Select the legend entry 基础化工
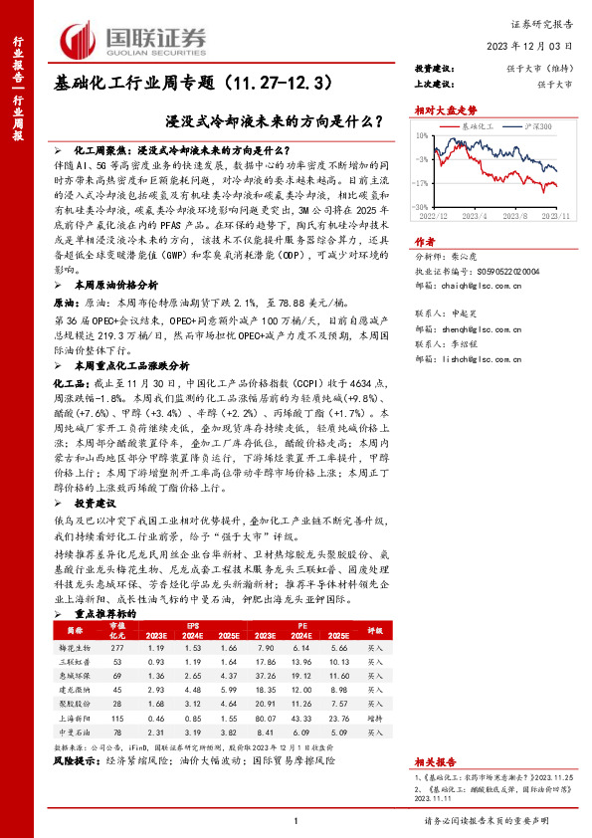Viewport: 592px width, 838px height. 476,128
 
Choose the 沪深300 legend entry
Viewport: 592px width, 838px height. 540,128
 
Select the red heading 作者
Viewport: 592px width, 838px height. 425,241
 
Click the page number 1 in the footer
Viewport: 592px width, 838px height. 296,821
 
